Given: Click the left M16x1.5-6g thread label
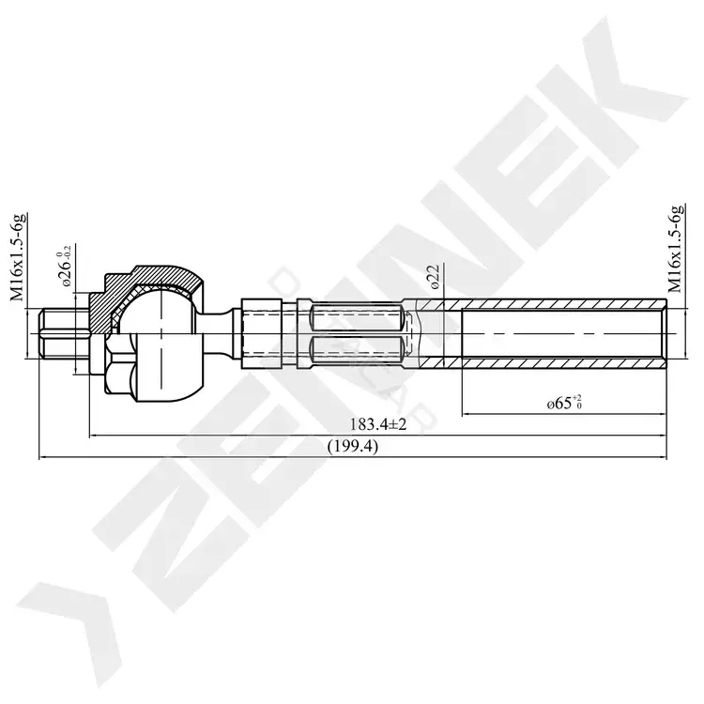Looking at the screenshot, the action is pos(18,257).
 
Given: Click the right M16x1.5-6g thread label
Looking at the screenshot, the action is pos(675,249).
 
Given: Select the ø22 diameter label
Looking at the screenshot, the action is pos(434,276).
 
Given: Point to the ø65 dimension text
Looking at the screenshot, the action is pos(565,403).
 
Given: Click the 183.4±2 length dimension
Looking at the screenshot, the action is pos(378,424).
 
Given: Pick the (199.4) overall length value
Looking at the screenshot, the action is pos(353,446).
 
